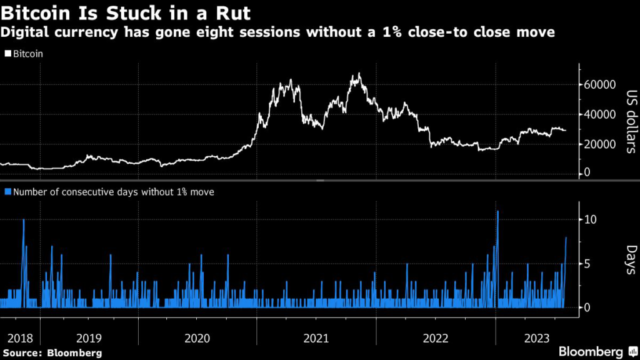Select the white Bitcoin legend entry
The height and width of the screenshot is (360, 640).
(x=24, y=54)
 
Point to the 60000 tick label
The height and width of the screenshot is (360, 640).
(x=599, y=84)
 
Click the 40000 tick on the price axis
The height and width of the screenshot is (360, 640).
(x=599, y=114)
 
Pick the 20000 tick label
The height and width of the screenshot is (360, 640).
(x=599, y=144)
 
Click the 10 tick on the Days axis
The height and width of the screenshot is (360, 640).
(x=591, y=219)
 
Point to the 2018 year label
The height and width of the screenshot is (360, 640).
(x=20, y=338)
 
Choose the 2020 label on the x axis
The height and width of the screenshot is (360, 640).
(x=197, y=338)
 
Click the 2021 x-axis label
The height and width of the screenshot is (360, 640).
(x=316, y=338)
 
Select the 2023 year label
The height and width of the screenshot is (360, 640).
(x=537, y=338)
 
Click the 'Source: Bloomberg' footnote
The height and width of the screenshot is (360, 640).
(x=51, y=353)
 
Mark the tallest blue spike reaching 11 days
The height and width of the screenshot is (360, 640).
(x=497, y=212)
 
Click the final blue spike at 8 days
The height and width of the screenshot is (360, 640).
(x=566, y=239)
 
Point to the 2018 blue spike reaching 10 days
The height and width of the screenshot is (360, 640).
(x=24, y=221)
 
